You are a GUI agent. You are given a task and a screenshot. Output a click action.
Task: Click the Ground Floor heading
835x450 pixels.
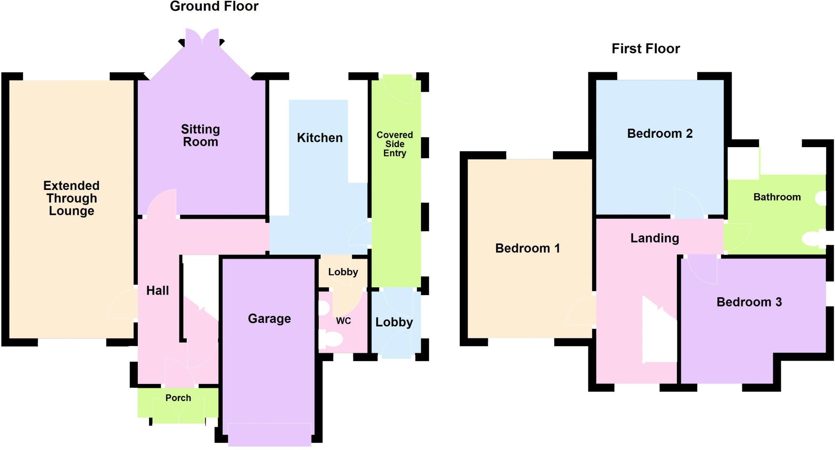[214, 7]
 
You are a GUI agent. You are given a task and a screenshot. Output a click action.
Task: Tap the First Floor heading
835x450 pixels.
[645, 49]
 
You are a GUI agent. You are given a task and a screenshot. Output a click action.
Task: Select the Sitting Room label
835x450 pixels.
[200, 136]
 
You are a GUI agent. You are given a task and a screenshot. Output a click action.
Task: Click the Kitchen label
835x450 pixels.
[320, 138]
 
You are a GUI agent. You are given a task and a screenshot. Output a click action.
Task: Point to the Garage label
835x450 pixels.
[269, 319]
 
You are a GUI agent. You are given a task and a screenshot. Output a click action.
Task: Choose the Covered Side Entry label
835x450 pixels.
[394, 144]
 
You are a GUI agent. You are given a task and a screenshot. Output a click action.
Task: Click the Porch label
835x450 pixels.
[178, 398]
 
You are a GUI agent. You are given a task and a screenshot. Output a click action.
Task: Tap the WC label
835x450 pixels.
[343, 321]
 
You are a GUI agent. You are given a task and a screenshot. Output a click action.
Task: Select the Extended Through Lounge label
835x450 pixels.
[71, 198]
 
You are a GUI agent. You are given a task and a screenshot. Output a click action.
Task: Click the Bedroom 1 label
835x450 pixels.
[528, 248]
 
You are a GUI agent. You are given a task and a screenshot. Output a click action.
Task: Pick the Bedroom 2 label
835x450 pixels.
[660, 134]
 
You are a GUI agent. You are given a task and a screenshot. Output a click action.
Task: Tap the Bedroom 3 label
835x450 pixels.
[749, 302]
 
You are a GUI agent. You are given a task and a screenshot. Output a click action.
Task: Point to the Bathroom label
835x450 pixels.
[777, 197]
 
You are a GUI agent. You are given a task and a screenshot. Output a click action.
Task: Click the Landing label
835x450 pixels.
[654, 238]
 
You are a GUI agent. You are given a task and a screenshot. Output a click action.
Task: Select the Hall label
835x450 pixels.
[157, 291]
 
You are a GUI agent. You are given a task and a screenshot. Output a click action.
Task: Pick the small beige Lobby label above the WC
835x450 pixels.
[343, 272]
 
